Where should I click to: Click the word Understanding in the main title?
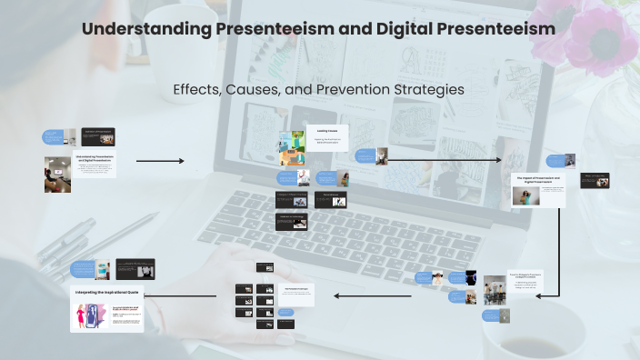(146, 29)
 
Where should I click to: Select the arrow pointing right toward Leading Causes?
(160, 161)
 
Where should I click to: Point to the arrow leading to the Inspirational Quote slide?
(188, 295)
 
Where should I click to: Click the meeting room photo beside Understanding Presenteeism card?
(57, 174)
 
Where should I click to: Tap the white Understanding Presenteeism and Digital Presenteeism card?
(94, 165)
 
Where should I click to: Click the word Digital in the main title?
(418, 29)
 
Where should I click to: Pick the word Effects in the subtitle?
(195, 89)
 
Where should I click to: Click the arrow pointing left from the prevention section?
(373, 295)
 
